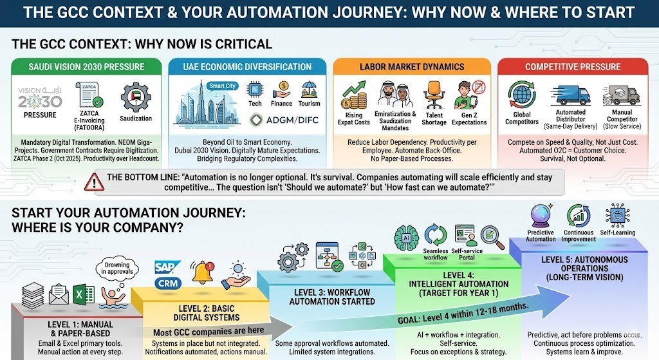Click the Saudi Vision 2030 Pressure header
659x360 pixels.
coord(86,67)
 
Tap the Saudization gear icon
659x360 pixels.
coord(135,97)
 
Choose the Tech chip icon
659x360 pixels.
coord(255,90)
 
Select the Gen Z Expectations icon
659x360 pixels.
coord(469,94)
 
